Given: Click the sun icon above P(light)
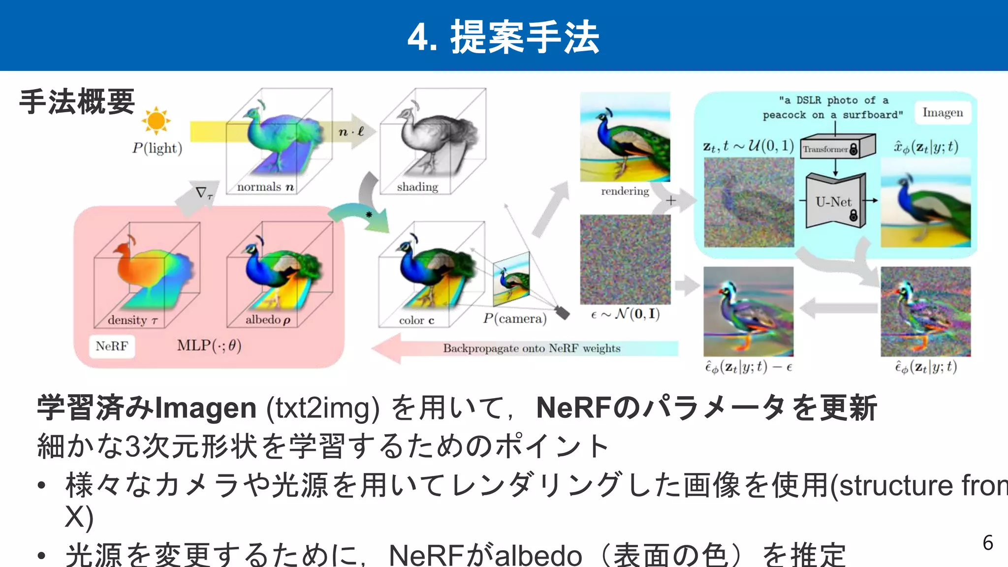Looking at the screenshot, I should (156, 121).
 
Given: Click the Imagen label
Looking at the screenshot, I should (943, 113).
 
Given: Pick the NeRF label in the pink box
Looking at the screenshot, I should (112, 346).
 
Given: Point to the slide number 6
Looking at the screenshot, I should (988, 543).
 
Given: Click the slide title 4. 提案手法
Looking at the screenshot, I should (504, 37).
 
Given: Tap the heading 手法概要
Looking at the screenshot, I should (77, 102).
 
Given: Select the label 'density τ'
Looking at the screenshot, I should (132, 320).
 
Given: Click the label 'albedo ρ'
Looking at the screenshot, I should (268, 320).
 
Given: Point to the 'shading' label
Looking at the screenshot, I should (417, 187).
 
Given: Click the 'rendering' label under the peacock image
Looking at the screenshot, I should (625, 191).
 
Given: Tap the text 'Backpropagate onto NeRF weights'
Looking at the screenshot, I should (532, 348).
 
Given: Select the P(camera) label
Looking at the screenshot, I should (515, 318).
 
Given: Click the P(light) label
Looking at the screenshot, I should (157, 148).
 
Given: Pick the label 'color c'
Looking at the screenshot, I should (416, 320).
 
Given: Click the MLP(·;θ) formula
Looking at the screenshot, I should (209, 346).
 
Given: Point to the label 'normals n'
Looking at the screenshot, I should (265, 187).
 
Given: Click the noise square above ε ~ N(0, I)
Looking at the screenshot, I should (625, 259).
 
